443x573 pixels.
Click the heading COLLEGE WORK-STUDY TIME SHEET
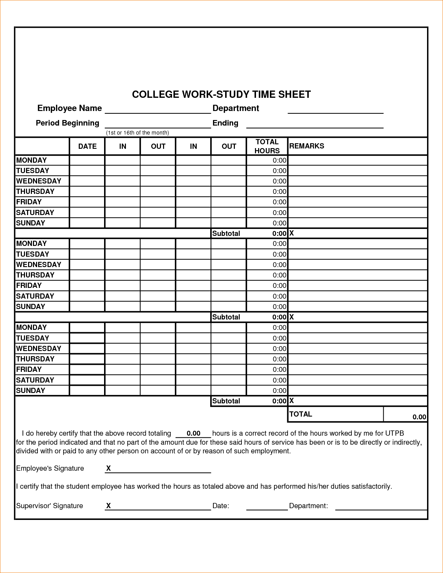tap(221, 94)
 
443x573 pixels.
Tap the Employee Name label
tap(69, 108)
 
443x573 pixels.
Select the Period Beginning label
tap(67, 123)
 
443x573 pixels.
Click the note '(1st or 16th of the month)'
tap(137, 133)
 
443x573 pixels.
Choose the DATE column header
tap(87, 146)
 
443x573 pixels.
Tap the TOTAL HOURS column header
tap(267, 146)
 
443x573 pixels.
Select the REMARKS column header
tap(307, 146)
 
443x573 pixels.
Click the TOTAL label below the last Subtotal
tap(301, 414)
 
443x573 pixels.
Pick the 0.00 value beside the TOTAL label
tap(419, 417)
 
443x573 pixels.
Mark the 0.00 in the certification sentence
tap(194, 433)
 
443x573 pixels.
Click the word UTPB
tap(394, 433)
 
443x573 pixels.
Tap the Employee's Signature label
tap(50, 469)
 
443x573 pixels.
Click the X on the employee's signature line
tap(109, 469)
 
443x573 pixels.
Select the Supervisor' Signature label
tap(50, 506)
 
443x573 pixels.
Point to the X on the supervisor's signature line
tap(109, 506)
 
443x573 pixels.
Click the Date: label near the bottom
tap(221, 506)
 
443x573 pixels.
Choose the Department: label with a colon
tap(308, 506)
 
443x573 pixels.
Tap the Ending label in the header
tap(225, 123)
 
